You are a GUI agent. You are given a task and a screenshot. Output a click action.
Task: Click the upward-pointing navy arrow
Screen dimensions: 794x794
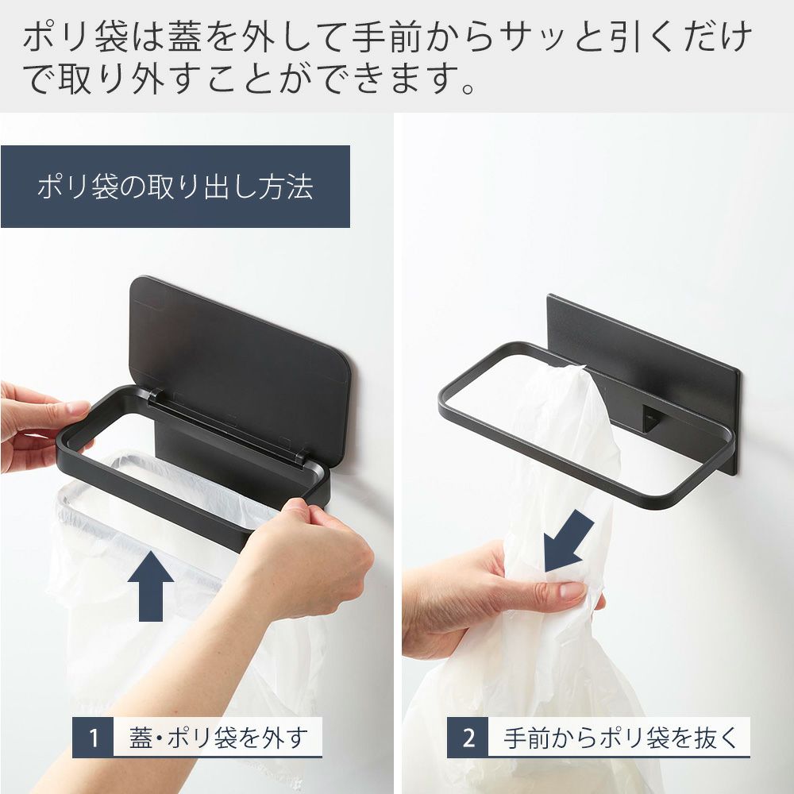click(x=151, y=587)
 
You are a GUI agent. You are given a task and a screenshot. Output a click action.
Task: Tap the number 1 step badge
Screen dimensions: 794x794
click(x=93, y=738)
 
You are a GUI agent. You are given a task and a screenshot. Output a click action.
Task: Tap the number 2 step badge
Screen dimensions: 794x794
click(x=468, y=738)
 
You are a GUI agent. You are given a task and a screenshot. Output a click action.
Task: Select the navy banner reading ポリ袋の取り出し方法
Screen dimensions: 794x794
click(x=175, y=187)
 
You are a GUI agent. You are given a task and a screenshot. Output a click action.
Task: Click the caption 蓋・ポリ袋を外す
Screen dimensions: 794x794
click(x=218, y=738)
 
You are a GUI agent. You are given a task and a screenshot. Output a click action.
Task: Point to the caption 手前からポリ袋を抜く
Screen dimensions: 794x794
click(x=620, y=738)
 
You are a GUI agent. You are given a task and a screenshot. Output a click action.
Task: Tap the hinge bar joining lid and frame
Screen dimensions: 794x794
click(x=228, y=424)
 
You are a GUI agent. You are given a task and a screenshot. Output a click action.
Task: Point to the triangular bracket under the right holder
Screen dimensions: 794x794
click(x=649, y=418)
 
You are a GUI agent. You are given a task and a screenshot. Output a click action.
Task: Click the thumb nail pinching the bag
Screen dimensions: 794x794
click(x=573, y=589)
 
